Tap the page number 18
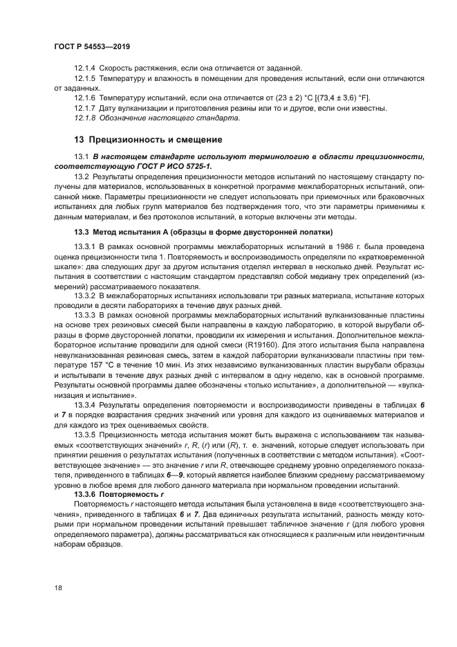(x=59, y=587)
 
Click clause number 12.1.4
(x=84, y=68)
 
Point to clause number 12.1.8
(x=84, y=118)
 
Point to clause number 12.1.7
(x=84, y=108)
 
